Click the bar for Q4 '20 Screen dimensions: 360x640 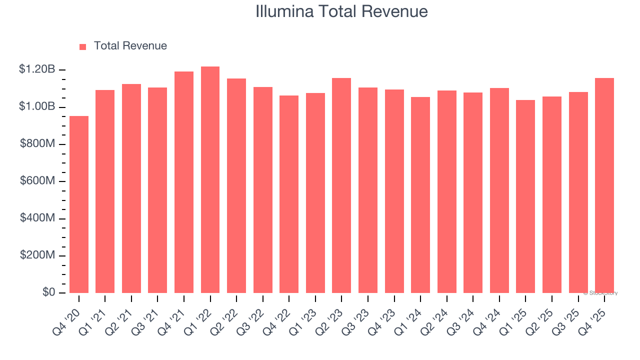point(79,204)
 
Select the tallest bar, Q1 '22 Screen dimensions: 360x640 point(210,180)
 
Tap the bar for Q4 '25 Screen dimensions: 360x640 point(604,185)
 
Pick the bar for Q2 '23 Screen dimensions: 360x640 point(341,185)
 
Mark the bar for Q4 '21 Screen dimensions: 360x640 point(184,182)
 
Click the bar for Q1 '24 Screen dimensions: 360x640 point(420,195)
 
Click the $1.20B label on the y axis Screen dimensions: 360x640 point(37,69)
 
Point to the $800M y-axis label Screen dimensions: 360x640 point(37,144)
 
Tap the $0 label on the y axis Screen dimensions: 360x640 point(48,292)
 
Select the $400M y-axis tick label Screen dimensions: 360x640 point(37,218)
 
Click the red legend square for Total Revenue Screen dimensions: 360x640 point(83,46)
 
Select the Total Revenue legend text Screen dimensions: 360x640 point(130,46)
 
